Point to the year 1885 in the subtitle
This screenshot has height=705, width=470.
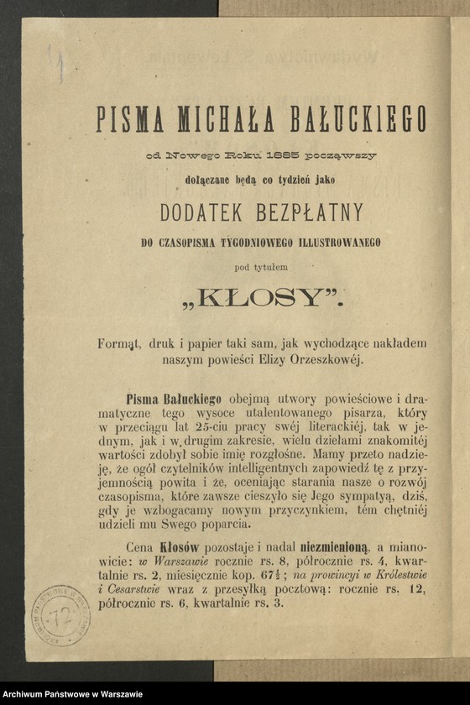coord(303,154)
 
